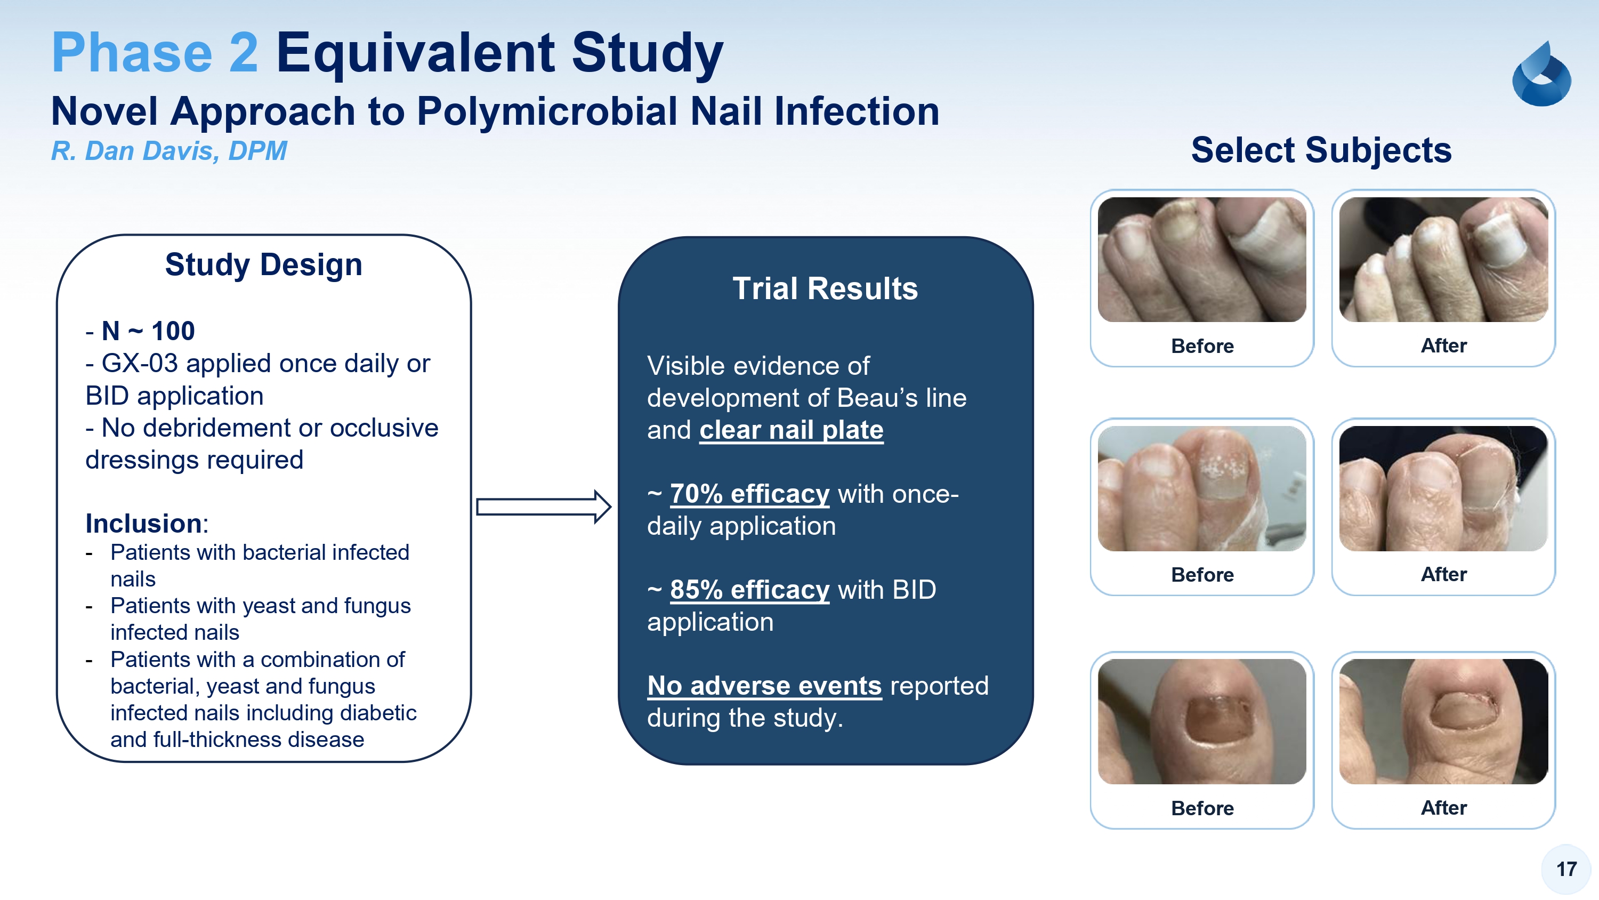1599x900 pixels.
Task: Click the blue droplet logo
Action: point(1541,74)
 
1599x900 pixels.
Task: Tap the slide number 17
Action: point(1566,869)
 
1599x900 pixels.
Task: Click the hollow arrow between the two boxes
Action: point(544,507)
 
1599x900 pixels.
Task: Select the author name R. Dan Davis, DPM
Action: point(169,151)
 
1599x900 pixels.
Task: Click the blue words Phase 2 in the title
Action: point(155,53)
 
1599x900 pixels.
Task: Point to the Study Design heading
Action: point(264,264)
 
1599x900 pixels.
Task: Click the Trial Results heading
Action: point(825,288)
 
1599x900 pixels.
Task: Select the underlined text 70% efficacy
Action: point(750,494)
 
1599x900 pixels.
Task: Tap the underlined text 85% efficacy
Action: point(750,590)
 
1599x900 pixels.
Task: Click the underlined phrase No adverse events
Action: point(765,686)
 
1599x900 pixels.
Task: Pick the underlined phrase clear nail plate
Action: point(792,430)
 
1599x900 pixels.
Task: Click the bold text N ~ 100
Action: point(148,331)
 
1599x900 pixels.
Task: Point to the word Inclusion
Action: point(143,524)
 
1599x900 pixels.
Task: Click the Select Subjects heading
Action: point(1321,150)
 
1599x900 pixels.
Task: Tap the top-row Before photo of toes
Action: point(1202,260)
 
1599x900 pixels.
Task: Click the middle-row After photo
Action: point(1443,488)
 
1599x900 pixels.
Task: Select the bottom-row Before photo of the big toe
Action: point(1202,722)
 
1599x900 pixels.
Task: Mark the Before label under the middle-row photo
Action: point(1202,575)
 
